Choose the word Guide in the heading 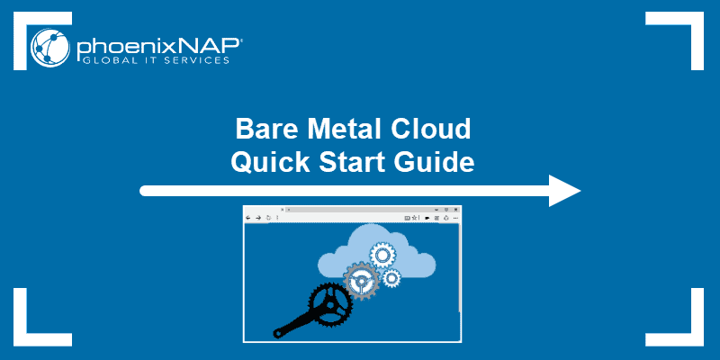click(x=435, y=162)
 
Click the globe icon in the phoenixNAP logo click(x=50, y=48)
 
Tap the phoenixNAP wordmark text click(x=159, y=46)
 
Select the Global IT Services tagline click(x=155, y=60)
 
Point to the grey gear click(x=362, y=281)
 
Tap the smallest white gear click(x=391, y=278)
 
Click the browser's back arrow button click(x=248, y=218)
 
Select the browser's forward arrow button click(x=258, y=218)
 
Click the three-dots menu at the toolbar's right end click(x=455, y=218)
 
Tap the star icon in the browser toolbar click(x=414, y=218)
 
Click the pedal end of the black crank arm click(x=277, y=333)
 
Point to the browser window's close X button click(x=456, y=210)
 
